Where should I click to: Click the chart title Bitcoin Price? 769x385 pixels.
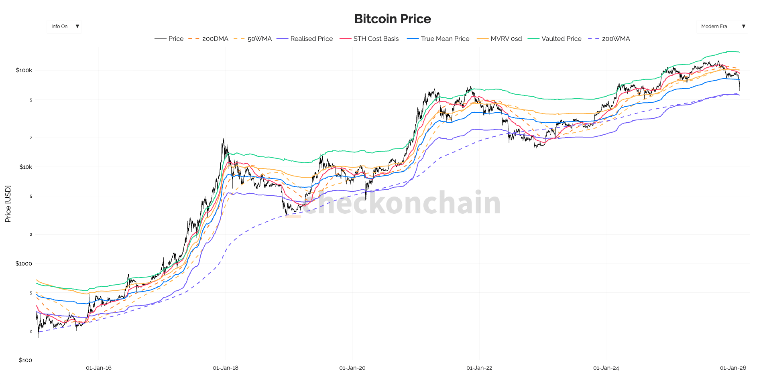[393, 19]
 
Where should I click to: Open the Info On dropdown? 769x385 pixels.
[64, 26]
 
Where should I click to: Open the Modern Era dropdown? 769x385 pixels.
[722, 26]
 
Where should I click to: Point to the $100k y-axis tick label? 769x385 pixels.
[24, 70]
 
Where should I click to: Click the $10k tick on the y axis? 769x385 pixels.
[26, 167]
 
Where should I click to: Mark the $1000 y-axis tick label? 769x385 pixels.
[24, 263]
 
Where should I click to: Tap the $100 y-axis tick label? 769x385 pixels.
[25, 360]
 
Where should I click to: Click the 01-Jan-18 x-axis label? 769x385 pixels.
[226, 368]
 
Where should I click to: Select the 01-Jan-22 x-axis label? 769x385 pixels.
[479, 368]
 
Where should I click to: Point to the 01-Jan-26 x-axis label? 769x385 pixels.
[733, 368]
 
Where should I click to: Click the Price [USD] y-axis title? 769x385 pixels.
[8, 204]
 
